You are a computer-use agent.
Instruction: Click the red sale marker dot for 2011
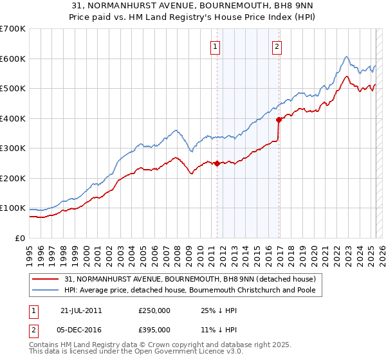(x=217, y=163)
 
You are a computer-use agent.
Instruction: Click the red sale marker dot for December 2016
(x=279, y=119)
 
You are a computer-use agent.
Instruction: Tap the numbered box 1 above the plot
(x=214, y=46)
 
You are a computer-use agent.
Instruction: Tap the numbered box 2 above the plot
(x=276, y=46)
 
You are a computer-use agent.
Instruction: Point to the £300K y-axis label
(x=13, y=148)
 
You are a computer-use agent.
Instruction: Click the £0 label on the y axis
(x=21, y=238)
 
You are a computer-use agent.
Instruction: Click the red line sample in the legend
(x=46, y=280)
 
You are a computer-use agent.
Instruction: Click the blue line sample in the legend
(x=46, y=291)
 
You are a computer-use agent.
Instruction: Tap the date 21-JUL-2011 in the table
(x=81, y=310)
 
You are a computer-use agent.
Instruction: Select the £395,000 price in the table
(x=154, y=329)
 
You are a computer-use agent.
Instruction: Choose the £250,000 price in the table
(x=154, y=310)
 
